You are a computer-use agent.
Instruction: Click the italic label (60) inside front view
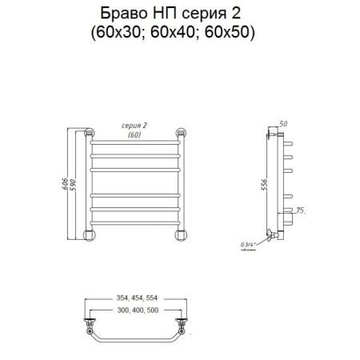138,135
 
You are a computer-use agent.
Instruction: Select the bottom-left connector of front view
90,234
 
